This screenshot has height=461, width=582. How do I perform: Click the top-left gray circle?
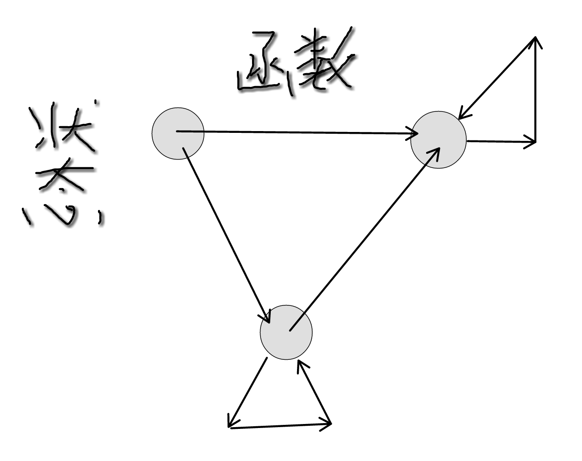tap(178, 133)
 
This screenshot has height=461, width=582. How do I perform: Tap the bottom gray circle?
tap(286, 332)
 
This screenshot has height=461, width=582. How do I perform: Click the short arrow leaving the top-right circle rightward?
tap(501, 142)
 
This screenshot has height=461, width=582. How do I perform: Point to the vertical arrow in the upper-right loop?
tap(535, 89)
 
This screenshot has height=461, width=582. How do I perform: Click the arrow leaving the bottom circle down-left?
tap(248, 392)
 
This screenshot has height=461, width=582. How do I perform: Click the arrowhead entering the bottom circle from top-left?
tap(267, 318)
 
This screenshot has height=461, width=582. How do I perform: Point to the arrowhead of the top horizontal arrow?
tap(414, 133)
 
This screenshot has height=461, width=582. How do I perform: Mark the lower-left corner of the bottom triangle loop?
tap(230, 427)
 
